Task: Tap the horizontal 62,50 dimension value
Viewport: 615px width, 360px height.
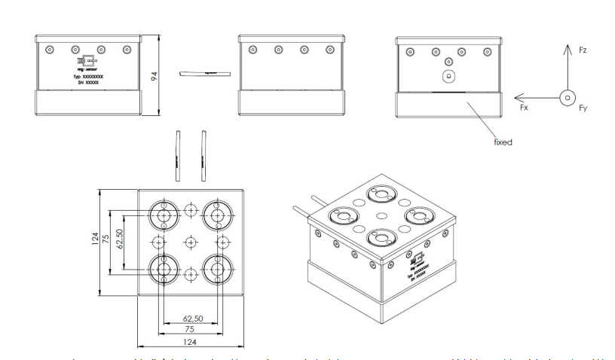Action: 190,319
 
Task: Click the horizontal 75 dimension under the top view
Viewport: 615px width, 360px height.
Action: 190,330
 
